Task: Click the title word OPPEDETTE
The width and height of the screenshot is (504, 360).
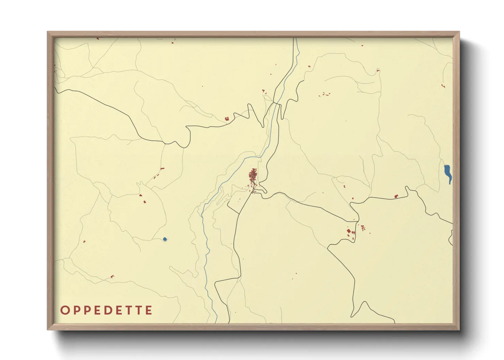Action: pos(106,310)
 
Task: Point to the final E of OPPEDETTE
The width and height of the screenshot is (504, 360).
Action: pos(148,310)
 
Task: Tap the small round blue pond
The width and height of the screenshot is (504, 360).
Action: pos(165,239)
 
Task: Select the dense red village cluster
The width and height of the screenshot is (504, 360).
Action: pos(253,176)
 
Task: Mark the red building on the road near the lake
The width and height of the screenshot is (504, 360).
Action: pos(396,196)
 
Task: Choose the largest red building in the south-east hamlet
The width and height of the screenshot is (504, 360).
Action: pos(348,231)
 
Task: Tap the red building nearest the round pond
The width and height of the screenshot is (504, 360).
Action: pos(145,202)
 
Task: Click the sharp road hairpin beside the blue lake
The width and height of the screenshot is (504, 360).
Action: pos(407,187)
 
